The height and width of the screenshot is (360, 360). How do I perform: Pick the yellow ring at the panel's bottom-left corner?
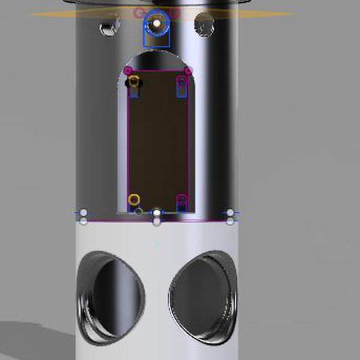(134, 199)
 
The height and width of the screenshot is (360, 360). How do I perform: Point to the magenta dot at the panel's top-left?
(128, 71)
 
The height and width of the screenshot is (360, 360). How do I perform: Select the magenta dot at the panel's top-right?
(188, 71)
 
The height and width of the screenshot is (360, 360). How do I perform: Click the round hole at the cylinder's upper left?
(109, 27)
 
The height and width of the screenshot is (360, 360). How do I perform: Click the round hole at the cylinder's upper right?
(205, 25)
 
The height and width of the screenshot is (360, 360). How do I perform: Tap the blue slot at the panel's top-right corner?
(181, 87)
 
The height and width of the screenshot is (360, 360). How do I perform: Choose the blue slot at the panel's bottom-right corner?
(181, 204)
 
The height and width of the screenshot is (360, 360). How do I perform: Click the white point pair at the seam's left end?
(83, 217)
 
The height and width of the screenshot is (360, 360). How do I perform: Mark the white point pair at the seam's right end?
(230, 217)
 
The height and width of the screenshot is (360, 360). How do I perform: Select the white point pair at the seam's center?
(157, 217)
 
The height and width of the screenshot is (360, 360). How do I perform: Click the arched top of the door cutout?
(157, 59)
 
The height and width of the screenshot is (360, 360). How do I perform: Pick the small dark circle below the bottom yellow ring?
(139, 211)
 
